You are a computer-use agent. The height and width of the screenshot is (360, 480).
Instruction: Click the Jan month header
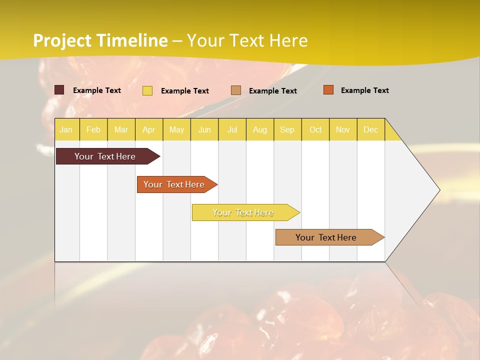pyautogui.click(x=66, y=130)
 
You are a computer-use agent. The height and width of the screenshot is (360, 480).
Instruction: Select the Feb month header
pyautogui.click(x=93, y=130)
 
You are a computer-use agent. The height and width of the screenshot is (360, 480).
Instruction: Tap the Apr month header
pyautogui.click(x=148, y=130)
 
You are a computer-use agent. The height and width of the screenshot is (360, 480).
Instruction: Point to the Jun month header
pyautogui.click(x=204, y=130)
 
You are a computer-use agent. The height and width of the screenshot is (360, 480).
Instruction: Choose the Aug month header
pyautogui.click(x=259, y=130)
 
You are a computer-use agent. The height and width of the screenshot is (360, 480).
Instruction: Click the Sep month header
pyautogui.click(x=287, y=130)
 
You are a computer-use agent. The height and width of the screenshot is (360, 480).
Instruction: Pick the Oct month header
pyautogui.click(x=315, y=130)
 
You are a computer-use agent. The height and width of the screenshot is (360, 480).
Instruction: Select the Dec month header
pyautogui.click(x=370, y=130)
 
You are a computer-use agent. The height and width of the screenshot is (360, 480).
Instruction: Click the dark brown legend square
pyautogui.click(x=59, y=90)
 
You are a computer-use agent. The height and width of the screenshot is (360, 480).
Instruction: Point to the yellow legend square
pyautogui.click(x=147, y=90)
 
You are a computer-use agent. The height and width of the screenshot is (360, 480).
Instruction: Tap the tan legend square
pyautogui.click(x=236, y=90)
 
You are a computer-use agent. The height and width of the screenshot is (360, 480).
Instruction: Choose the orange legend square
pyautogui.click(x=328, y=90)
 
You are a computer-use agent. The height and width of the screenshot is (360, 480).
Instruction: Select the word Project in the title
pyautogui.click(x=62, y=40)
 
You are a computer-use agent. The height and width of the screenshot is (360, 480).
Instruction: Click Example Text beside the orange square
pyautogui.click(x=364, y=90)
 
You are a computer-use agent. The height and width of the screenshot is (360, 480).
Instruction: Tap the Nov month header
pyautogui.click(x=343, y=130)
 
